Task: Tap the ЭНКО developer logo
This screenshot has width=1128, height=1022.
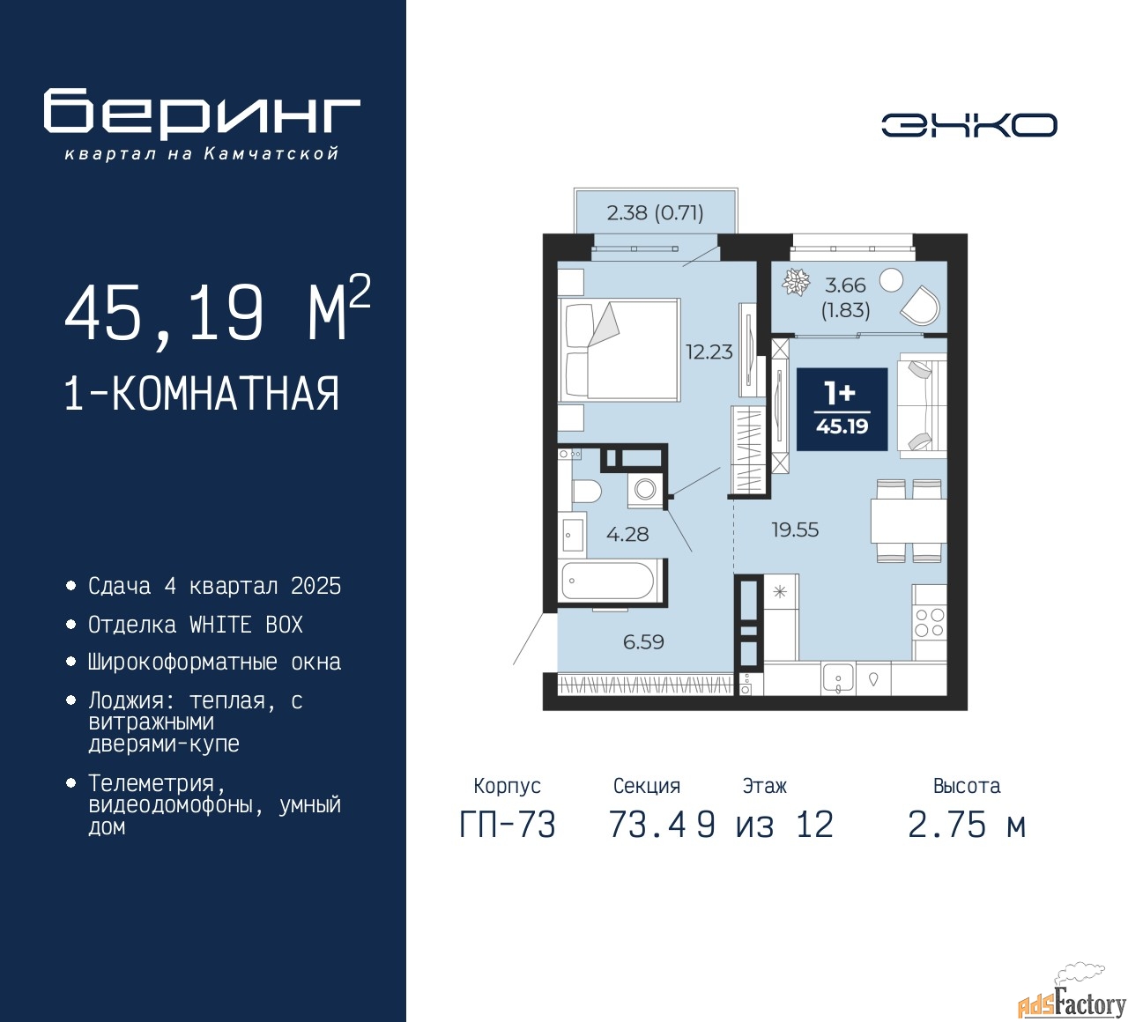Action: pos(968,125)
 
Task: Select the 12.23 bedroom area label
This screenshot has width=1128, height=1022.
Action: pos(709,352)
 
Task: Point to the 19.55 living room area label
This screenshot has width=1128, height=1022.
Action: pos(795,530)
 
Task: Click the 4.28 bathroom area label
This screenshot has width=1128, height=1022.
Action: pos(627,534)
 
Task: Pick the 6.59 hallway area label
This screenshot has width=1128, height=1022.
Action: pos(643,642)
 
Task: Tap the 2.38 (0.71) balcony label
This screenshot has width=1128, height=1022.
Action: pos(655,212)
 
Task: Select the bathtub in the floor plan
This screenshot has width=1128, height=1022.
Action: pos(608,581)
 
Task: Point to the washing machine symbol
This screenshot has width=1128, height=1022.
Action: pos(645,490)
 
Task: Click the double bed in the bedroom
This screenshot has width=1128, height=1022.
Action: pos(619,350)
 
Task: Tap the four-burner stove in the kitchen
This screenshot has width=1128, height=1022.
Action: pos(930,622)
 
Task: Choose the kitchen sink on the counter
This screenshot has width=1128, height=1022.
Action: pos(837,678)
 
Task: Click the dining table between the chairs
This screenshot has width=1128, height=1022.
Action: pos(909,521)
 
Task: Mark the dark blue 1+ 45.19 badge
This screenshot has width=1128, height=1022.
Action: pos(842,410)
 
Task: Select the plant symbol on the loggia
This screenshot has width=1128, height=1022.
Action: pos(797,282)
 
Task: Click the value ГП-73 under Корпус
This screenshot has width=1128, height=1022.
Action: pos(508,825)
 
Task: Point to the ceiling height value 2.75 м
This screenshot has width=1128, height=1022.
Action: pos(967,825)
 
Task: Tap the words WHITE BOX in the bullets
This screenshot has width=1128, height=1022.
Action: pos(246,625)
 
